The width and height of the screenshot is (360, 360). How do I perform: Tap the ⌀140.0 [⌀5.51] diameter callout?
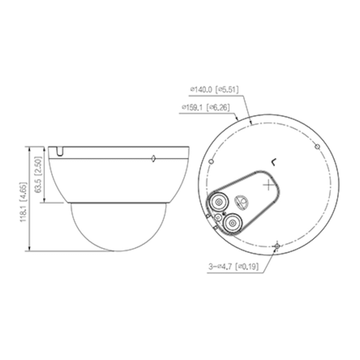point(214,89)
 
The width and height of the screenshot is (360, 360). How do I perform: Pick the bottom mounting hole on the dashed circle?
point(277,246)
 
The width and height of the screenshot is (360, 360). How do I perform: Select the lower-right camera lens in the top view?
point(232,223)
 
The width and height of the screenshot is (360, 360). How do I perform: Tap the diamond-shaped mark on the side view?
point(153,158)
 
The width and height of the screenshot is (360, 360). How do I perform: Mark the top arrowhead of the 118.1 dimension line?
point(29,149)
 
